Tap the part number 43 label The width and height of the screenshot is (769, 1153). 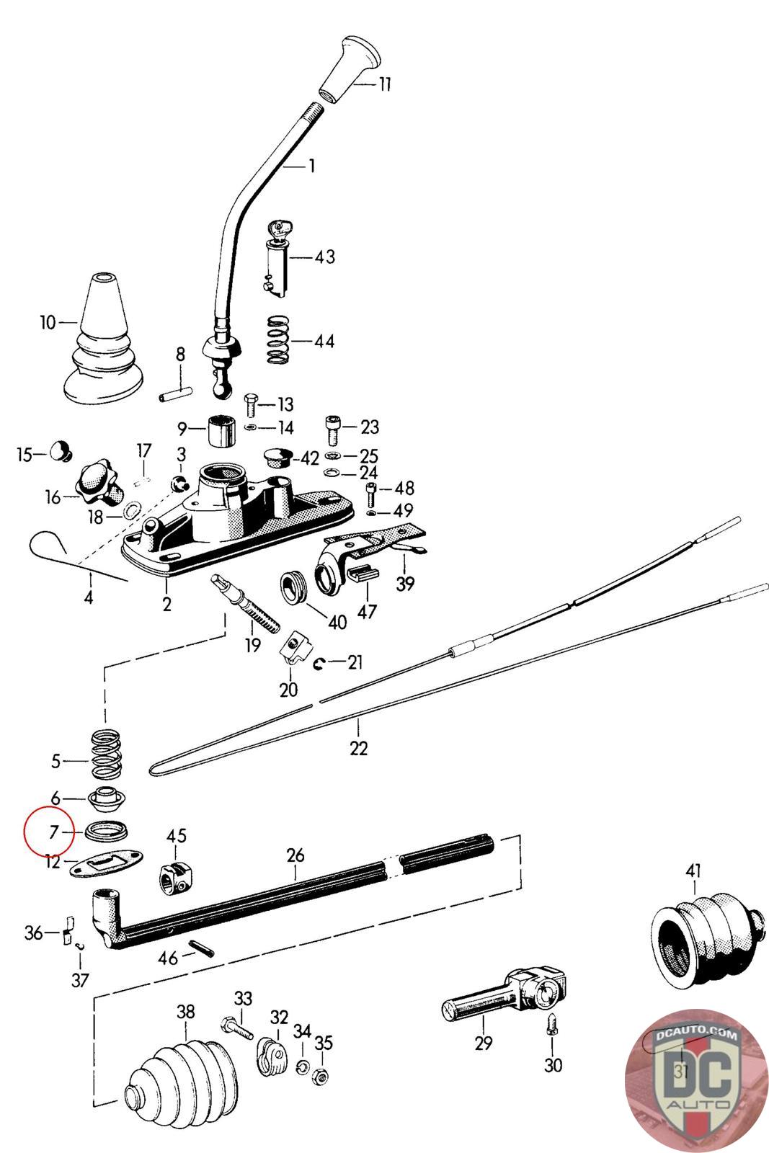pos(324,257)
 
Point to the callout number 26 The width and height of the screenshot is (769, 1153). pos(295,855)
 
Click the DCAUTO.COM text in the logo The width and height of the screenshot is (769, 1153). pos(697,1035)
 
